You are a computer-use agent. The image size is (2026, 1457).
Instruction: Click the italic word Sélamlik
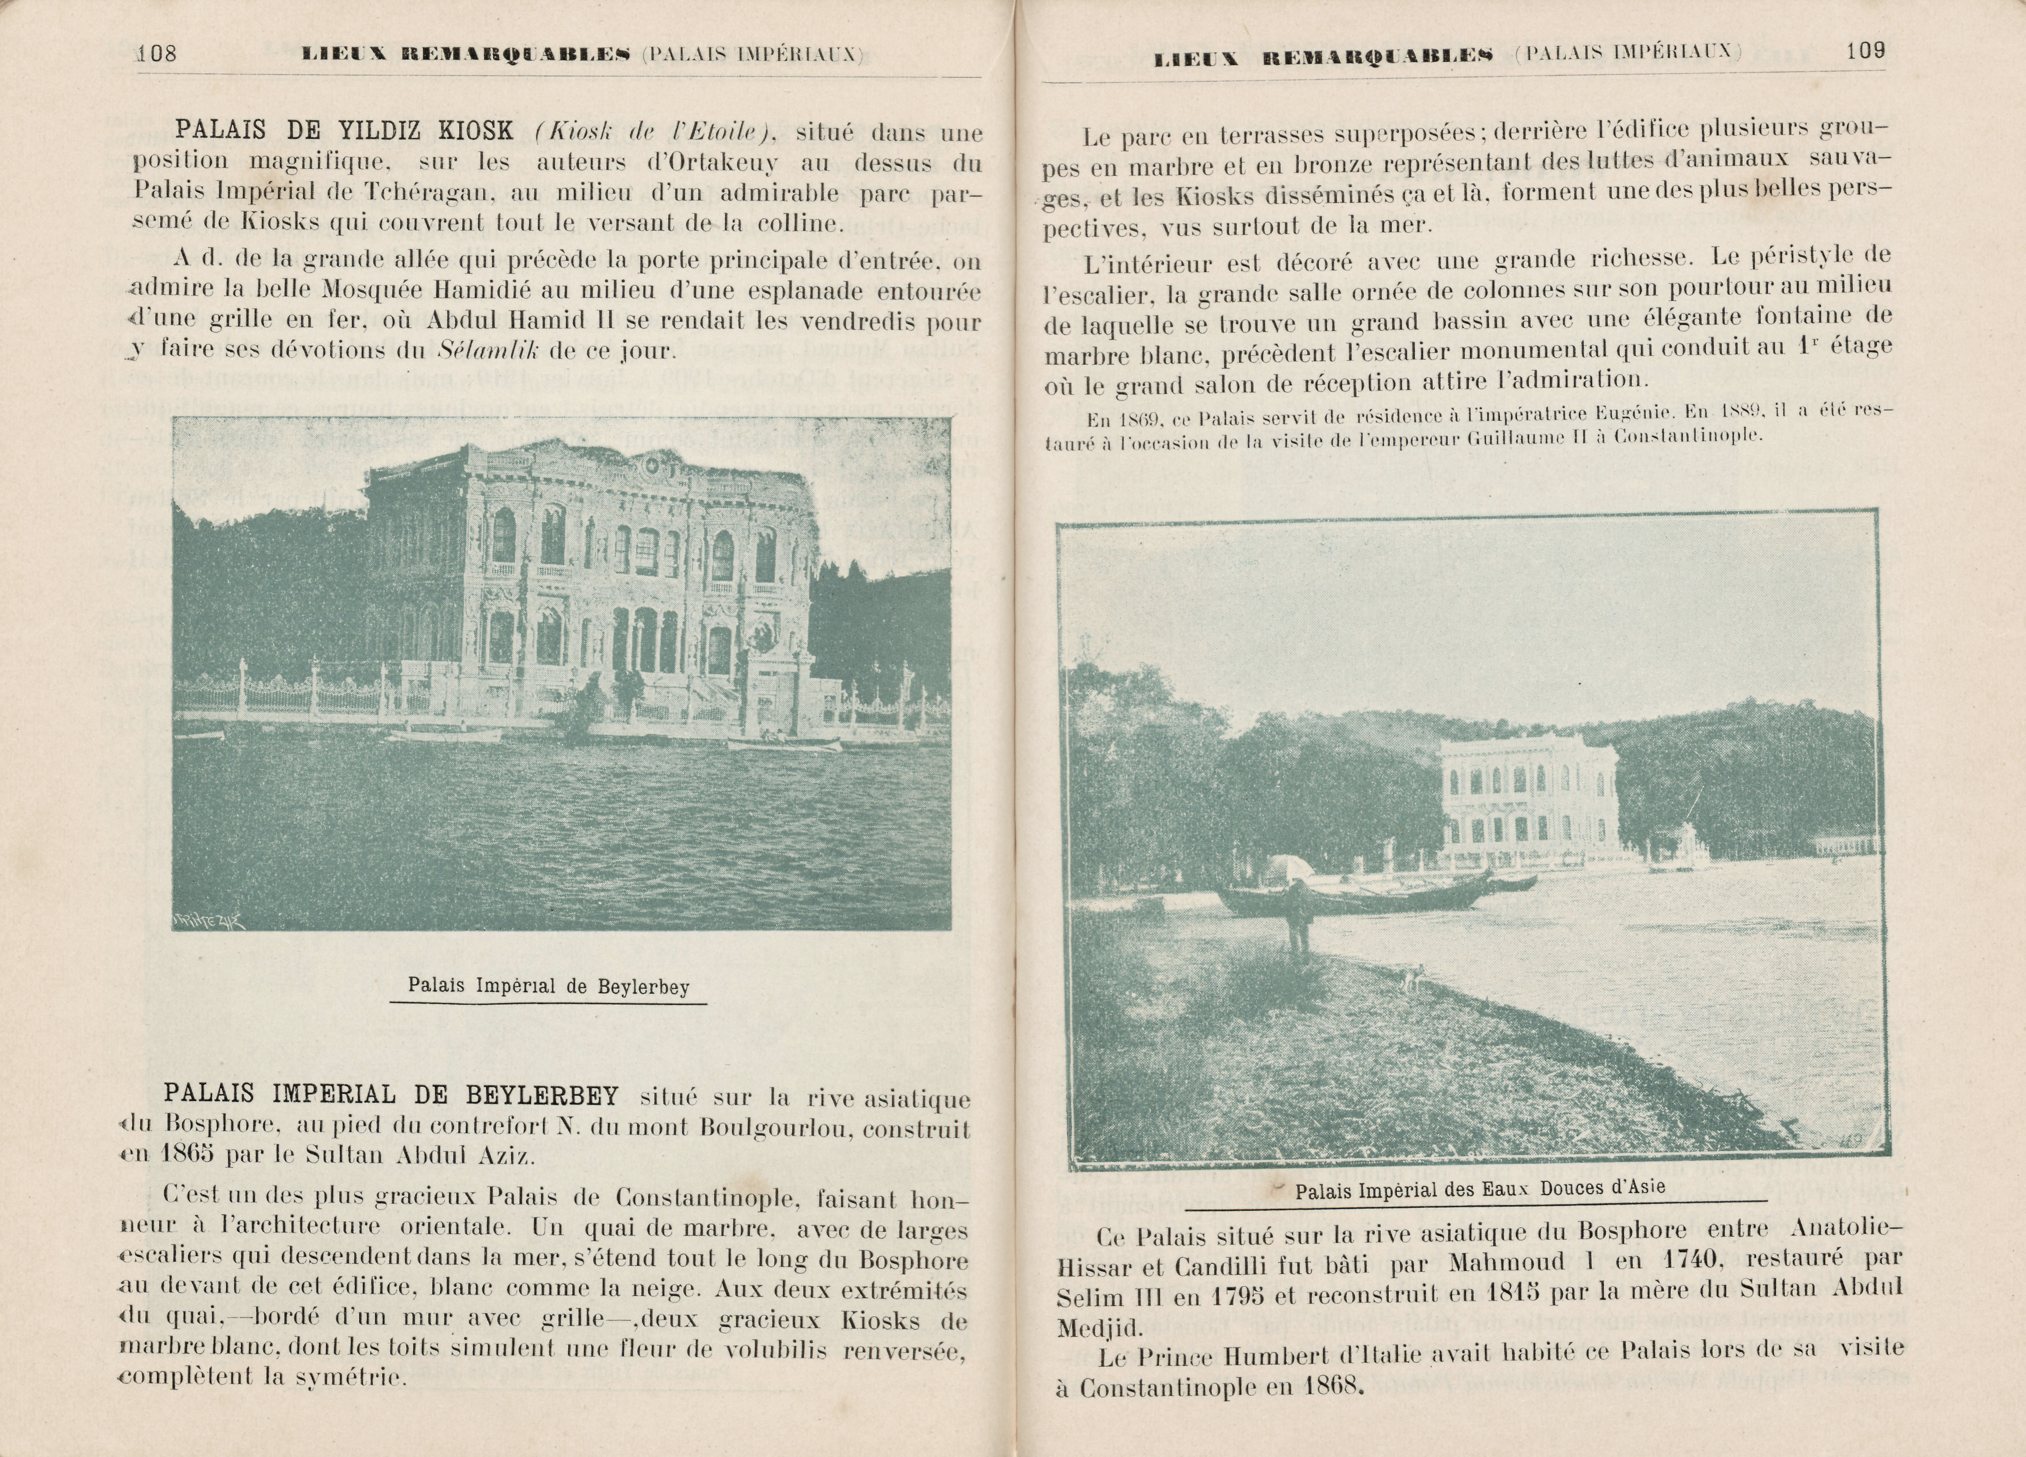click(488, 349)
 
